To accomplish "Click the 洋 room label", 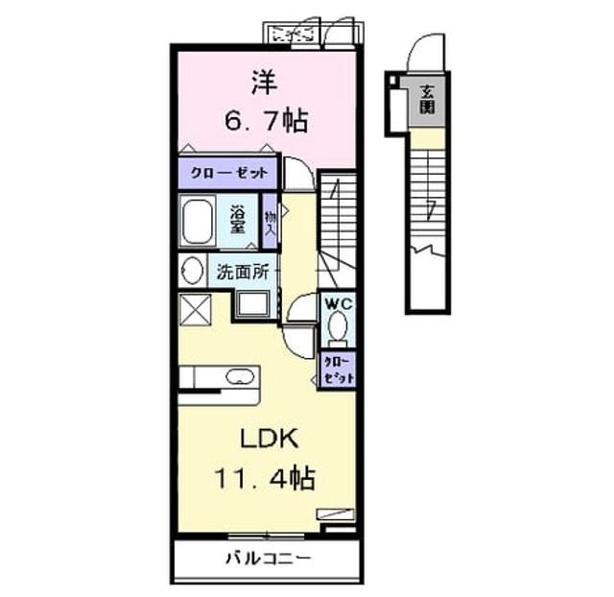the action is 265,83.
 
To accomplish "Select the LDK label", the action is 269,439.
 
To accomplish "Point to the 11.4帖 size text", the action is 265,478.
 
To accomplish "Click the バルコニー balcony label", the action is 269,558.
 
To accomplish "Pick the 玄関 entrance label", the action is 427,100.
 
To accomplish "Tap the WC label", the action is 339,304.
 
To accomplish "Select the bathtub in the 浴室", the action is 198,222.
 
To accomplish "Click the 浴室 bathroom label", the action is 238,220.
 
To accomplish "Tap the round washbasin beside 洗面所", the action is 193,271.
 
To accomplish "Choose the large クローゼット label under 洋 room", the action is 229,173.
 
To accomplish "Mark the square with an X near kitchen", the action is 195,309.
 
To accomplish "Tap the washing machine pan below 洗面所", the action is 253,305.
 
